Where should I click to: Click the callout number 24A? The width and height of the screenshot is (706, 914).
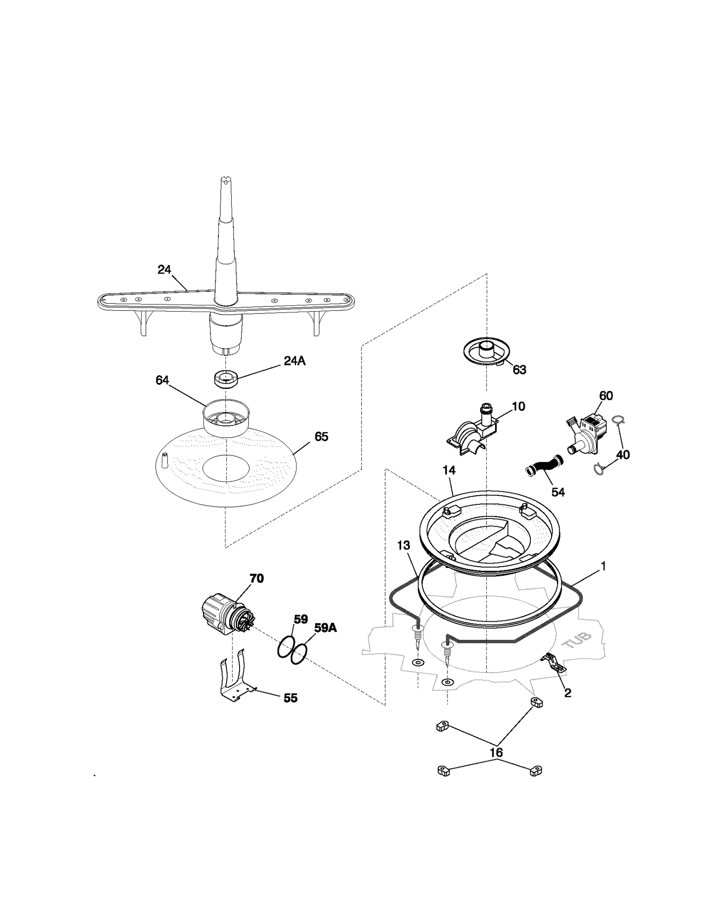pos(294,361)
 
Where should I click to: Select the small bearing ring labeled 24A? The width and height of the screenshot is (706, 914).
pos(225,379)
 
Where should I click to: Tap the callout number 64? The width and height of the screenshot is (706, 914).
pos(162,380)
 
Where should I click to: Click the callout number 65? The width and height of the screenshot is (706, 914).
pos(321,436)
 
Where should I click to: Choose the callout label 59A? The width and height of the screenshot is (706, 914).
pos(325,628)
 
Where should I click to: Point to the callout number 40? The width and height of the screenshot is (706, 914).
pos(623,455)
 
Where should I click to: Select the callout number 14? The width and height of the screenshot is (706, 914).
pos(449,470)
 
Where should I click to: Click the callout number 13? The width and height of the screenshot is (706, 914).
pos(403,545)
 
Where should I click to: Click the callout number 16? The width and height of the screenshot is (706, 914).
pos(496,752)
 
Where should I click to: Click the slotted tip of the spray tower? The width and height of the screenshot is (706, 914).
pos(225,179)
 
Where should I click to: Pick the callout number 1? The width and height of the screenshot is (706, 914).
pos(603,566)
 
